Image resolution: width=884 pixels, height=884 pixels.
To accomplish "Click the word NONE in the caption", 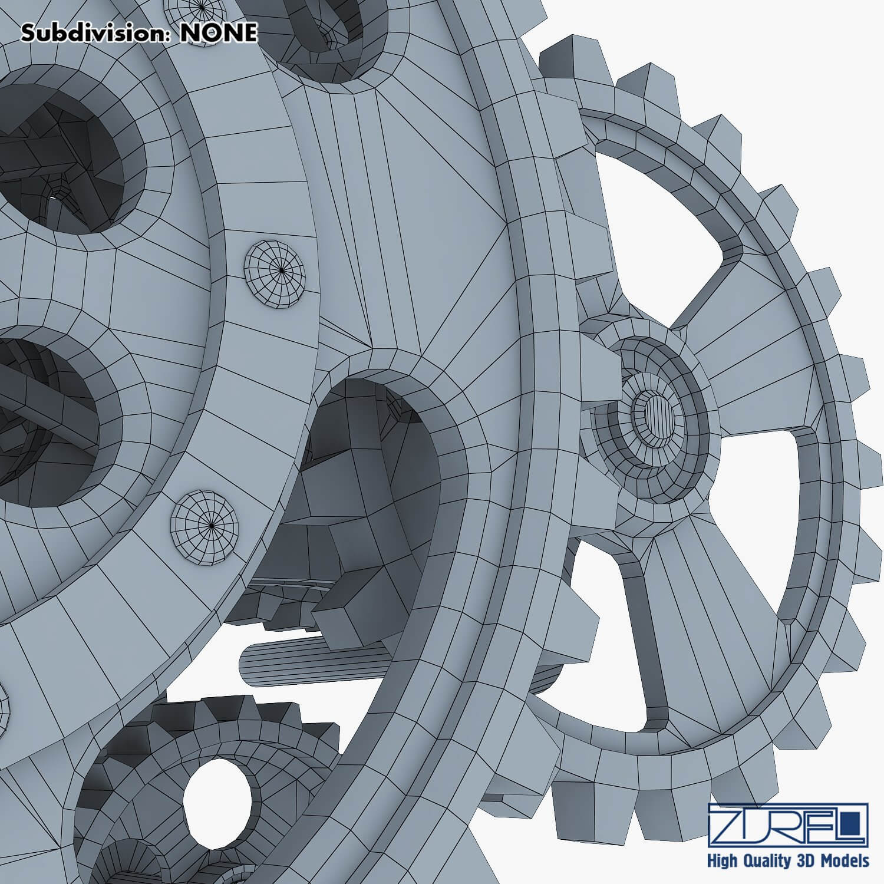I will [218, 34].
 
